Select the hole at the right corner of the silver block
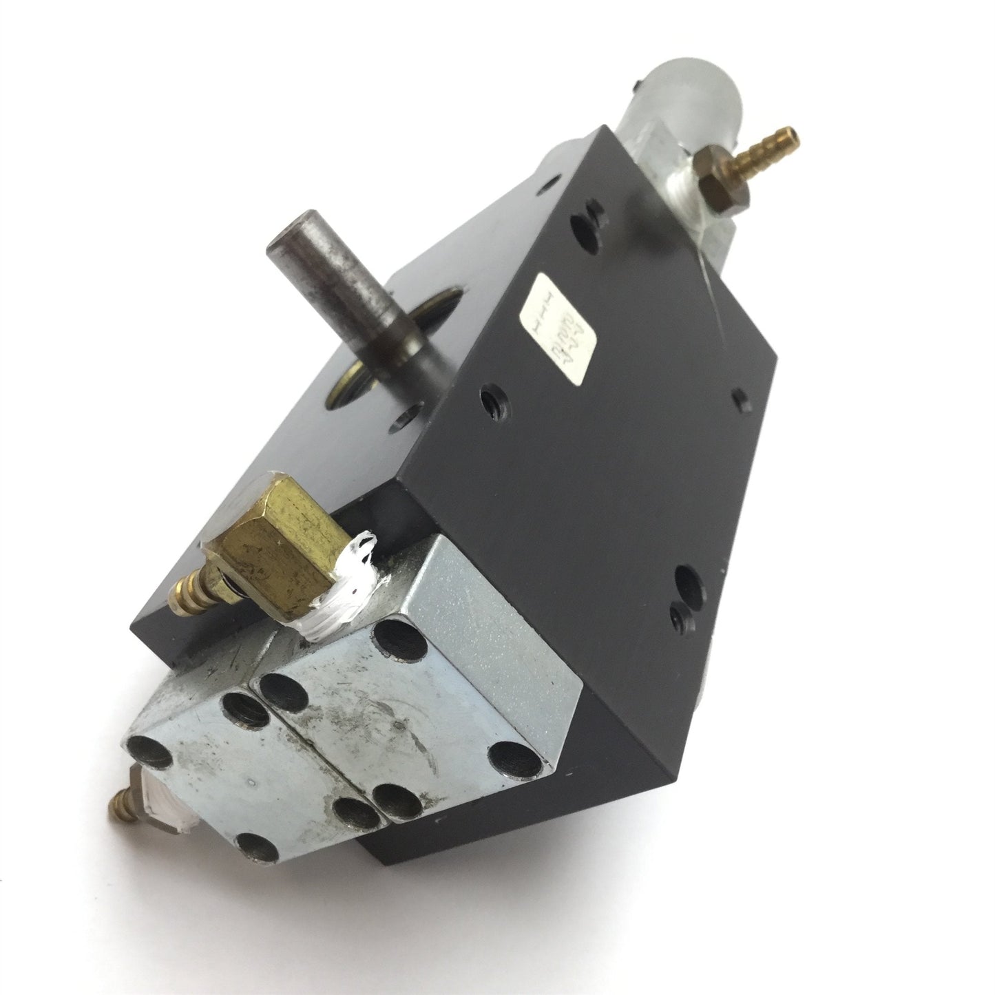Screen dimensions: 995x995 pyautogui.click(x=509, y=757)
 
